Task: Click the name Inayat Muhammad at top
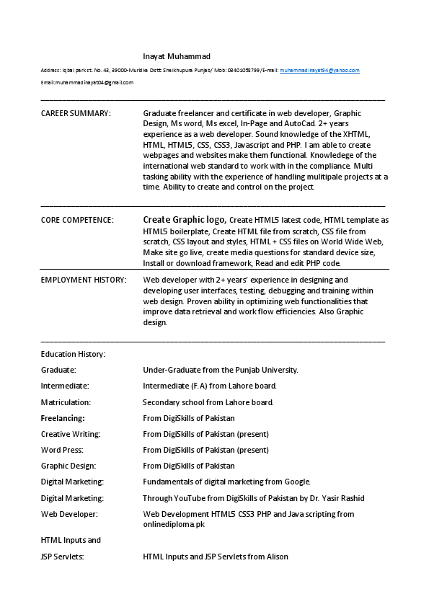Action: pos(177,56)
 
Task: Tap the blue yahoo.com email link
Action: pos(319,71)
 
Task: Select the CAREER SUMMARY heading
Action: pos(76,113)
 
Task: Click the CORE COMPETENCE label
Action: pos(76,220)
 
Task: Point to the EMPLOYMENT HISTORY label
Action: pos(84,280)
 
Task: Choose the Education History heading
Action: pos(73,354)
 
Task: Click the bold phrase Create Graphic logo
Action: pos(185,220)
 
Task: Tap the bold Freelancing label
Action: pos(63,418)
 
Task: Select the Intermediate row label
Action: pos(65,386)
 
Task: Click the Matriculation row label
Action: pos(66,402)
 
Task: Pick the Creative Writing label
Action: pos(71,434)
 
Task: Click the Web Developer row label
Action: pos(69,514)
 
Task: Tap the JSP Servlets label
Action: pos(63,557)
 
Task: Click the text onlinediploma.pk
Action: pos(174,524)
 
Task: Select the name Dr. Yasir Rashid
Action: pos(339,498)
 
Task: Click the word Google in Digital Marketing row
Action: pos(296,482)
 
